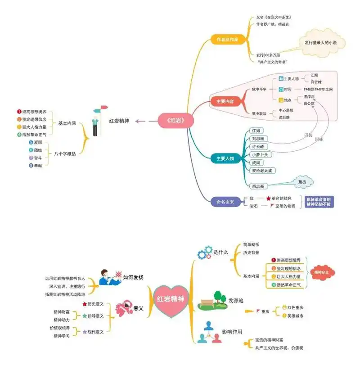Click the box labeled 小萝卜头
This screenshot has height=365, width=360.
261,154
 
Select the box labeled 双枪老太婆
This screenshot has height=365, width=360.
263,171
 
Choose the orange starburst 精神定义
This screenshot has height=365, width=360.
321,272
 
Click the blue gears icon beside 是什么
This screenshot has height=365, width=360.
205,252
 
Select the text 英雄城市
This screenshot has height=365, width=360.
295,316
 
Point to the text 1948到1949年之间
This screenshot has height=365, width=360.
318,90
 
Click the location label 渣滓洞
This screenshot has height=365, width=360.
309,97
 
